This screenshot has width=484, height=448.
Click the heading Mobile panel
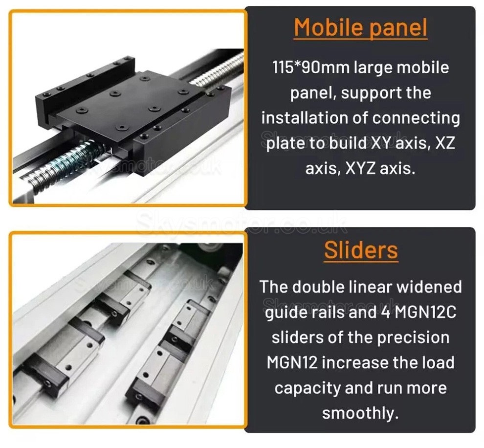[x=360, y=28]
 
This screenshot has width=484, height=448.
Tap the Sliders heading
[x=360, y=250]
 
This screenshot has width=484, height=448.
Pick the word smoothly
[x=360, y=413]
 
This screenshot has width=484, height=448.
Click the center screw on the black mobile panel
[x=114, y=93]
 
